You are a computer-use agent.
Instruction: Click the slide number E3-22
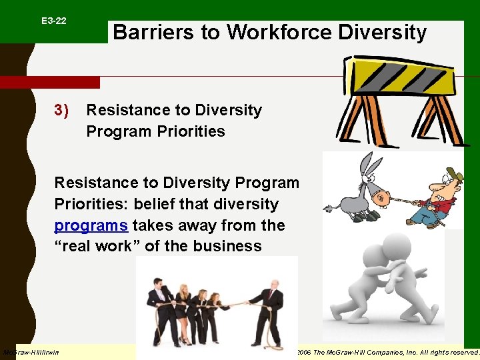[x=53, y=21]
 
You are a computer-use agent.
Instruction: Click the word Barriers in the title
[x=147, y=32]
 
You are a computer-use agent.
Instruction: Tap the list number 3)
[x=61, y=110]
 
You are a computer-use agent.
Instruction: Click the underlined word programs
[x=91, y=225]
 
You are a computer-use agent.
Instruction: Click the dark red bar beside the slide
[x=50, y=83]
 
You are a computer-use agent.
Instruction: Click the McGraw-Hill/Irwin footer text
[x=31, y=352]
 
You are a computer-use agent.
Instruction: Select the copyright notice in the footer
[x=387, y=352]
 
